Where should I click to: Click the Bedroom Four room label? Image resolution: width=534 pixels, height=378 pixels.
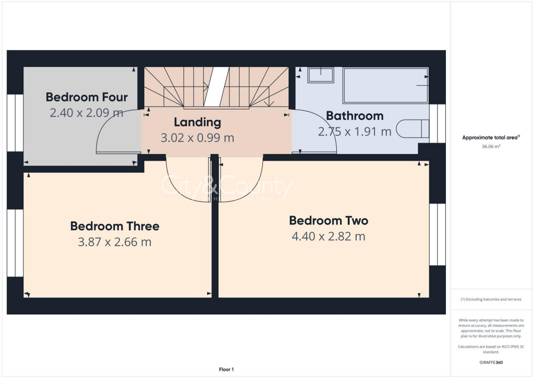tap(87, 97)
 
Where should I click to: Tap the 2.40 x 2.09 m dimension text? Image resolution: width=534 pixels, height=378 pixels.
tap(87, 112)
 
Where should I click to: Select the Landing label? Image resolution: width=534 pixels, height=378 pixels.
tap(197, 123)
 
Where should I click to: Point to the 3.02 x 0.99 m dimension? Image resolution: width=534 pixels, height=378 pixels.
tap(197, 138)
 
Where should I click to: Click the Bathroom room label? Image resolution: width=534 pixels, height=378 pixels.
tap(355, 116)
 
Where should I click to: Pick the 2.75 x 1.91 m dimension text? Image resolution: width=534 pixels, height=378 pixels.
tap(355, 132)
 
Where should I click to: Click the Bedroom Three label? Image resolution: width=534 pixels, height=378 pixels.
tap(115, 226)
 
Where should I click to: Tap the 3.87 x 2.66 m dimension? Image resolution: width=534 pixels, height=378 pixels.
tap(115, 242)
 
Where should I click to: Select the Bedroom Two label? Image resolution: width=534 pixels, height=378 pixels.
tap(329, 221)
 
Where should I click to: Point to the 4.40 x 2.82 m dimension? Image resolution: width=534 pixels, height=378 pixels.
tap(329, 236)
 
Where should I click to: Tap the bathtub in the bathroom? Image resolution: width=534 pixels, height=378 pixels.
tap(385, 85)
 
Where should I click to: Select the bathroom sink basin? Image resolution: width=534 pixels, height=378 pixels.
tap(321, 75)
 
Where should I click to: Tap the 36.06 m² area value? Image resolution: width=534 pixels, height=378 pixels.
tap(491, 147)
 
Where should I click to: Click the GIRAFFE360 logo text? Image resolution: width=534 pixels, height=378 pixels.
tap(492, 362)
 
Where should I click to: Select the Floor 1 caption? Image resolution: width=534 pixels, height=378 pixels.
tap(226, 369)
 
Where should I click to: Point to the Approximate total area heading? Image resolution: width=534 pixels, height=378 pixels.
tap(491, 138)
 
